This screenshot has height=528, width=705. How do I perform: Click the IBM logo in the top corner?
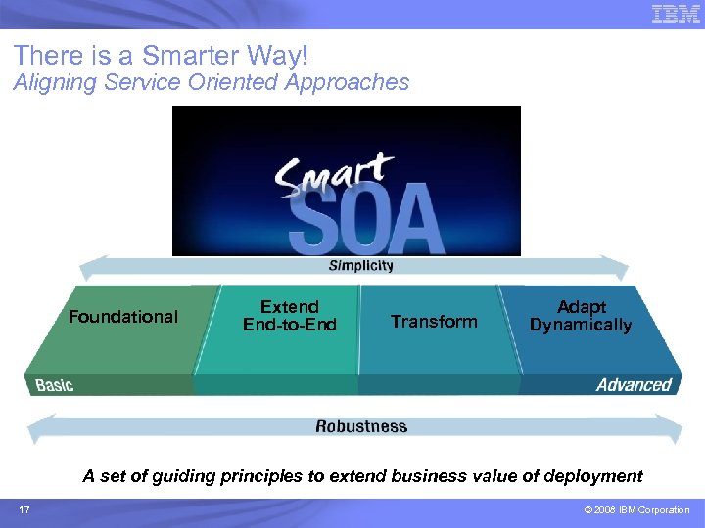point(676,14)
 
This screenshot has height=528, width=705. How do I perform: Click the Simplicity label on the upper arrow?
point(360,265)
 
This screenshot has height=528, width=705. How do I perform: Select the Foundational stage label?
point(123,316)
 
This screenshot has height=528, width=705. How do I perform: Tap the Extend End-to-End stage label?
point(290,316)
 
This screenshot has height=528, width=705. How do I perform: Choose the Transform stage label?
point(434,321)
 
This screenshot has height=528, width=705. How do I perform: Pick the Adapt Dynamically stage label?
point(581,316)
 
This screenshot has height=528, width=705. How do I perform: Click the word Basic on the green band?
point(55,385)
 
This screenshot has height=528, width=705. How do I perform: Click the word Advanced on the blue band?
point(634,385)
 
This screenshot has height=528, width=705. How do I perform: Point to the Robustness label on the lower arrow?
point(361,426)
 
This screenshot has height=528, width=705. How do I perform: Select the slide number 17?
point(24,510)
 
